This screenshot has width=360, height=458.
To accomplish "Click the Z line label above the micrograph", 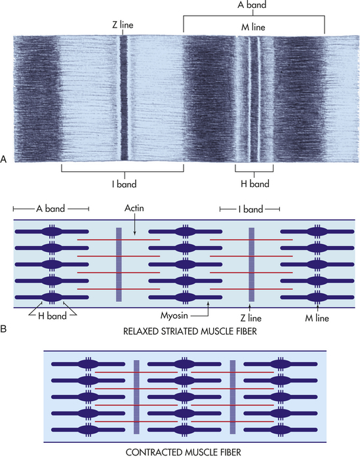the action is (123, 25).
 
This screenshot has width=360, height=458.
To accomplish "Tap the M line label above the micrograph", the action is (253, 27).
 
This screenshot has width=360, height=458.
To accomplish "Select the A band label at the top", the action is (252, 5).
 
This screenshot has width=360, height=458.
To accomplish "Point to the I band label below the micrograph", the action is (125, 184).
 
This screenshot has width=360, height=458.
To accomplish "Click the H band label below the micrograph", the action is (255, 184).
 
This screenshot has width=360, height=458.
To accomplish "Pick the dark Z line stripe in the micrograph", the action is (124, 98).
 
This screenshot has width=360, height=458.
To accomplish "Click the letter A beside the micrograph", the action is (3, 159).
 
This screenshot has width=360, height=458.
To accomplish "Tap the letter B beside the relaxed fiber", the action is (3, 329).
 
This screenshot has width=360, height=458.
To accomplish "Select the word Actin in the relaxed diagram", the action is (134, 208).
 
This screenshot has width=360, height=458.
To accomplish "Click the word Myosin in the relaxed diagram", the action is (174, 316).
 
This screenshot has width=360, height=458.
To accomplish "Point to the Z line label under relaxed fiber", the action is (250, 318).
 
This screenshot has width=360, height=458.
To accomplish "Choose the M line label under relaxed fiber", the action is (317, 318).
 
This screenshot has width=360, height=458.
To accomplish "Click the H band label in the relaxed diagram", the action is (52, 316).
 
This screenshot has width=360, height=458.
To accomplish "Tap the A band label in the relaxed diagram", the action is (50, 209).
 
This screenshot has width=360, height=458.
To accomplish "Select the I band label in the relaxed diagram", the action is (250, 209).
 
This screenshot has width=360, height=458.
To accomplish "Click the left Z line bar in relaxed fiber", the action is (119, 264).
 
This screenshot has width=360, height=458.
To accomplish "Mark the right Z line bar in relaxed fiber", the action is (251, 264).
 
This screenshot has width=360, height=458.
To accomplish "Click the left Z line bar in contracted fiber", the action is (136, 397).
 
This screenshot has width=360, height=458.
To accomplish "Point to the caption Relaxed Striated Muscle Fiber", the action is (190, 331).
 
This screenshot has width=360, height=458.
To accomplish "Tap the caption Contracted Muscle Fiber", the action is (184, 452).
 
